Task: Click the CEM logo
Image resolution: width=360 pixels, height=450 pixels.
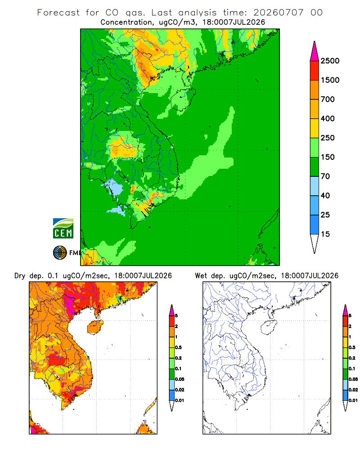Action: [x=63, y=229]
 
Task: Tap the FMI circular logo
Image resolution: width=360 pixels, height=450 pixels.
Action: [x=60, y=253]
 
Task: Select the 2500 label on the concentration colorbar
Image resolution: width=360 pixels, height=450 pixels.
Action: [x=330, y=61]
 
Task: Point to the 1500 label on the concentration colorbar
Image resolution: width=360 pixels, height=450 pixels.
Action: [x=330, y=80]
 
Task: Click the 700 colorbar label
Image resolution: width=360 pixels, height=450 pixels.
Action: [x=328, y=99]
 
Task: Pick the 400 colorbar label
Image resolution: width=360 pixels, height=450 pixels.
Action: [x=328, y=118]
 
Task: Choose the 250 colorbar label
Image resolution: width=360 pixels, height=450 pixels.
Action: [x=328, y=138]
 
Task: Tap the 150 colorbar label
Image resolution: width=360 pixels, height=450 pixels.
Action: [x=328, y=157]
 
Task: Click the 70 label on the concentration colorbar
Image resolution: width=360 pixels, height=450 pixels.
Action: [x=325, y=176]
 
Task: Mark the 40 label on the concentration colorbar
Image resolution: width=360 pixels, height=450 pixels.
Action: [x=325, y=195]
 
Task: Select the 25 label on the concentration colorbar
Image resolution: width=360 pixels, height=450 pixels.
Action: [x=325, y=215]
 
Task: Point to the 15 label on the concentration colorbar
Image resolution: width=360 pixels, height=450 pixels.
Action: [x=325, y=234]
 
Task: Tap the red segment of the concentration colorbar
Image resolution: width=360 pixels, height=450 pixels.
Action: [x=315, y=71]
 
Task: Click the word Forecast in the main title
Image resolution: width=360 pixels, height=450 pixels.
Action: [x=58, y=13]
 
